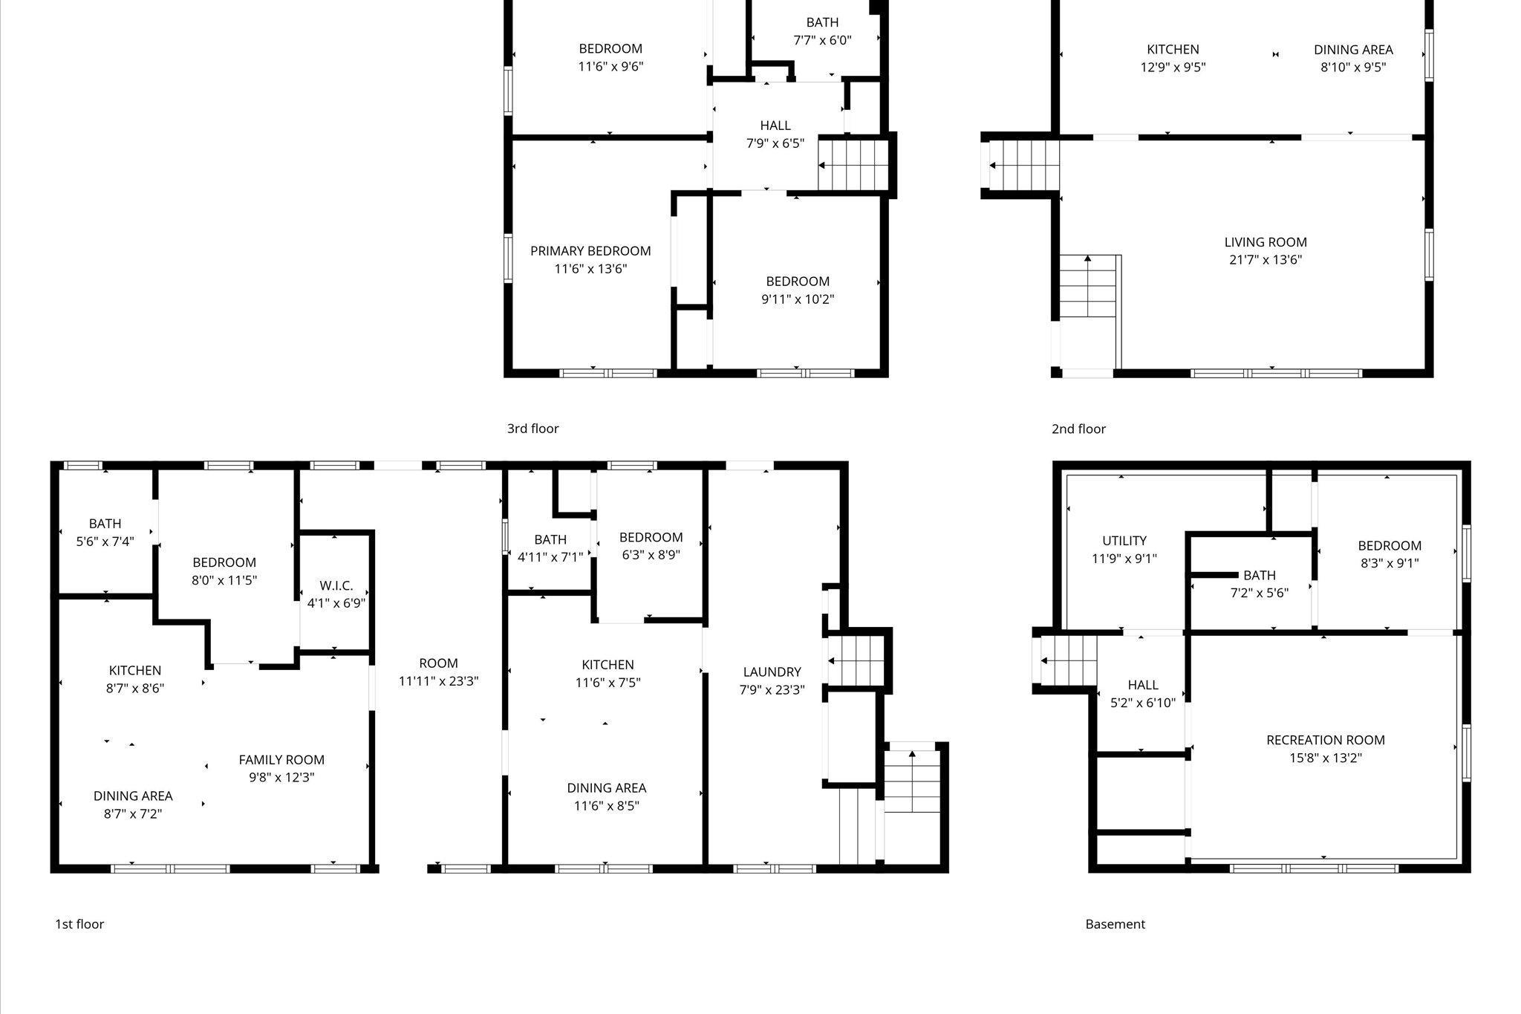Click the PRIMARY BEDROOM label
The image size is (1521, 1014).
(590, 251)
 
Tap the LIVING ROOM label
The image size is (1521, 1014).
(1266, 242)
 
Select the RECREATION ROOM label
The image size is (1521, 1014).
(1326, 740)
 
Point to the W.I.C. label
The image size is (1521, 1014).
(336, 586)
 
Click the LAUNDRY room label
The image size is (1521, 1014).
(772, 672)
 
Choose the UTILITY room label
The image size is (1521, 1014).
(1124, 541)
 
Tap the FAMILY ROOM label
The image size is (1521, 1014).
(281, 760)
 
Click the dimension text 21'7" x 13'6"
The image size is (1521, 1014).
(1266, 260)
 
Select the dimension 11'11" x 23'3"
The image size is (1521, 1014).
(438, 681)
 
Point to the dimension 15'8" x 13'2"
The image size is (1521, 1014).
(1326, 758)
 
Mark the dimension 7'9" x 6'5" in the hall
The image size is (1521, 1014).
(775, 143)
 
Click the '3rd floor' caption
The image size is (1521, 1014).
(532, 429)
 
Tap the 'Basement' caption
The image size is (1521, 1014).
(1115, 924)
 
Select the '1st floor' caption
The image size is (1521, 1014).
(79, 924)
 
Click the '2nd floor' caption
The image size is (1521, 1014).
(1078, 429)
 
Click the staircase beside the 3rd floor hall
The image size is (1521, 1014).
(853, 165)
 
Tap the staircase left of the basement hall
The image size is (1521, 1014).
(1068, 660)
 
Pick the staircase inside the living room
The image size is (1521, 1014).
(1088, 286)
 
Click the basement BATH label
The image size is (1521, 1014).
(1260, 575)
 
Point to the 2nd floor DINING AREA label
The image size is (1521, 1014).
(1353, 50)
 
